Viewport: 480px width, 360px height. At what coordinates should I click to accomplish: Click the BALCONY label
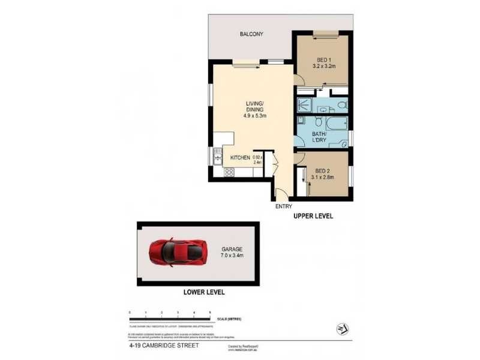point(251,34)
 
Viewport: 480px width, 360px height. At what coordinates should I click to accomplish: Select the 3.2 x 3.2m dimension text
point(324,67)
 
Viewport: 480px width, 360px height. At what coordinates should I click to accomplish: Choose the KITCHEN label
point(240,157)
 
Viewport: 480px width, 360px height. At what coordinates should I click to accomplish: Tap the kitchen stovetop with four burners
point(229,172)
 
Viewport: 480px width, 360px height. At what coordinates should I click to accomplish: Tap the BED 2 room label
point(322,170)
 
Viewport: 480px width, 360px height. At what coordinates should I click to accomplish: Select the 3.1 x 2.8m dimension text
point(323,178)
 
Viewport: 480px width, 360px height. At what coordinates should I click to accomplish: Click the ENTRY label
point(283,206)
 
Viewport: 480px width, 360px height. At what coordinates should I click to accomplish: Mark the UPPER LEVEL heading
point(312,215)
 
